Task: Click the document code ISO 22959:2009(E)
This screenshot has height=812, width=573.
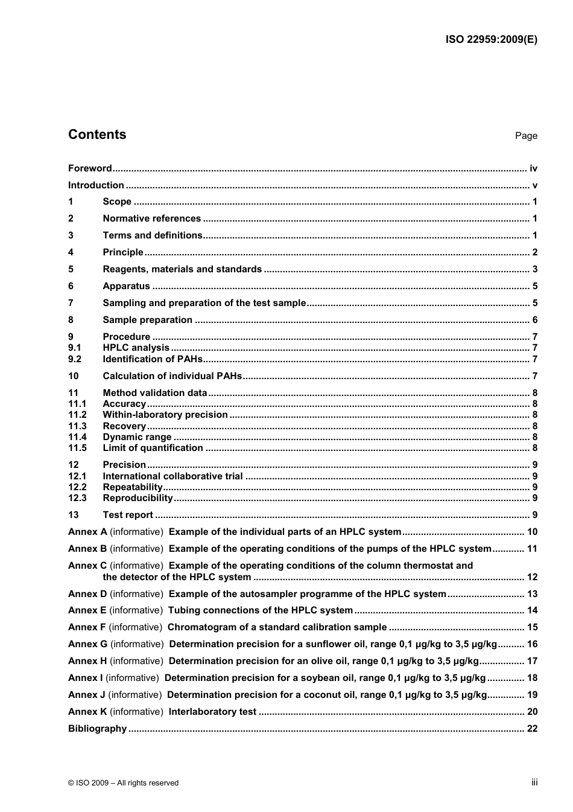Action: tap(491, 40)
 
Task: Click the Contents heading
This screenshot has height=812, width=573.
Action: tap(97, 135)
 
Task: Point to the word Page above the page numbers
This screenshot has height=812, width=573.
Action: tap(525, 136)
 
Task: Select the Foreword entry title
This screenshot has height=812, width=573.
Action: tap(90, 168)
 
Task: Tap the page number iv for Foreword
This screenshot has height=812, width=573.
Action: tap(533, 168)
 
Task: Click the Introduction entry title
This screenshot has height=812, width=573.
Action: tap(96, 185)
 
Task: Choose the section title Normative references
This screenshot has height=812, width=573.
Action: tap(151, 219)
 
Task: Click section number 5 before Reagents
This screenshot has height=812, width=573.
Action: tap(71, 269)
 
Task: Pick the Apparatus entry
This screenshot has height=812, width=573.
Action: tap(126, 286)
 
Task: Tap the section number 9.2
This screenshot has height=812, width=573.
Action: tap(75, 359)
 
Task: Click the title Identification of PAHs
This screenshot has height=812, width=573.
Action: tap(152, 359)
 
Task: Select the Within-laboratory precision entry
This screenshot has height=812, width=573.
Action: tap(165, 415)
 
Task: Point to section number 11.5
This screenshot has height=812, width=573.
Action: tap(77, 448)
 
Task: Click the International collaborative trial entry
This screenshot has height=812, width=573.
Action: tap(173, 476)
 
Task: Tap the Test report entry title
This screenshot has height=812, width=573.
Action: tap(128, 515)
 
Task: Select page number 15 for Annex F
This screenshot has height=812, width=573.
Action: tap(532, 627)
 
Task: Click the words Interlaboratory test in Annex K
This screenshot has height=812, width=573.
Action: tap(212, 712)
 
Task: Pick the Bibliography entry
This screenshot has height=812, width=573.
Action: tap(97, 729)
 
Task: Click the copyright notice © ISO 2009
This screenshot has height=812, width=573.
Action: tap(123, 783)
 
